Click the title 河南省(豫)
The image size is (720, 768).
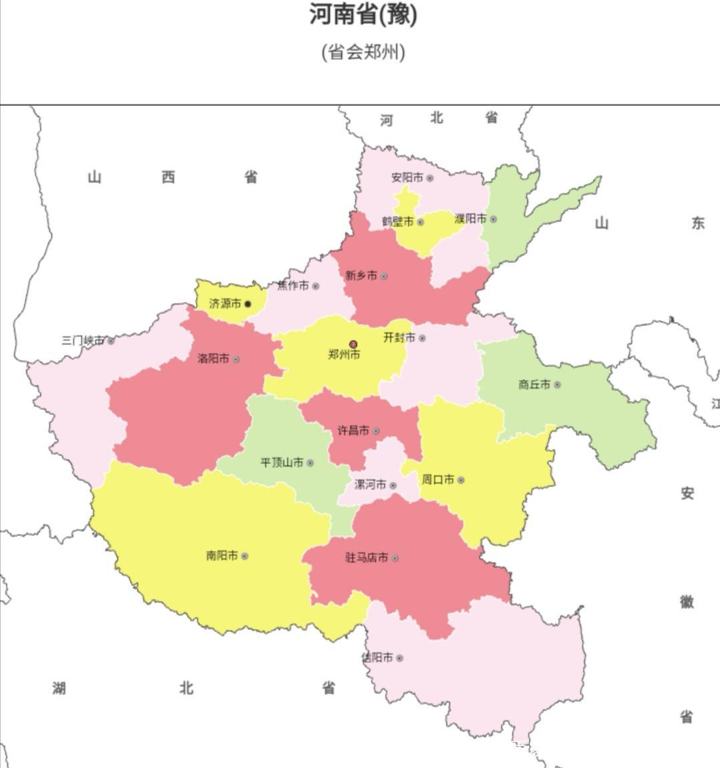(363, 15)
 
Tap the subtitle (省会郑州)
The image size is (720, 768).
(363, 51)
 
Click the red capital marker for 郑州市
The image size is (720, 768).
(353, 344)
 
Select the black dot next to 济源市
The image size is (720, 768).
(248, 304)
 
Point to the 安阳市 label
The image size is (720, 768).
(407, 178)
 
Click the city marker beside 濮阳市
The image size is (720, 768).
(493, 219)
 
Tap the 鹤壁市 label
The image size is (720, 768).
(397, 221)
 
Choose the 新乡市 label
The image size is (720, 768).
(361, 275)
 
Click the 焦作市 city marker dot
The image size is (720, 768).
(315, 287)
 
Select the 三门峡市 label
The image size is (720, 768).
(83, 341)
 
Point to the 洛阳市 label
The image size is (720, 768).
(213, 359)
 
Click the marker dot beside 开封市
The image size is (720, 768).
(422, 338)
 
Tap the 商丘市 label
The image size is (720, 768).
(534, 385)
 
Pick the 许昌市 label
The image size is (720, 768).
(353, 431)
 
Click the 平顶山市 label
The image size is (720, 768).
(281, 462)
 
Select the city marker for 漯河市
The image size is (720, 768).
(393, 485)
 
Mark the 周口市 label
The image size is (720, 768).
(437, 479)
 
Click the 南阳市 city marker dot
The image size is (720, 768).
(245, 556)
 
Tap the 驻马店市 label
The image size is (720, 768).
(366, 558)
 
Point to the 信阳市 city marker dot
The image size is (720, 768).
(399, 658)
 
